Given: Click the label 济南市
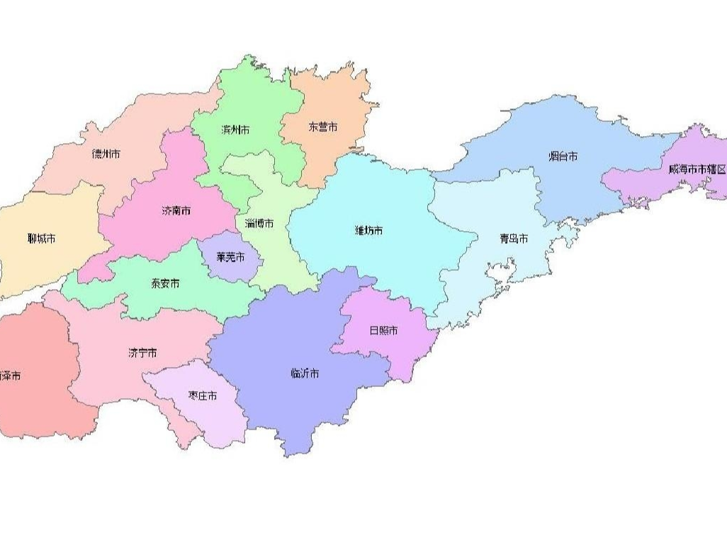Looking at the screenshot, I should point(176,211).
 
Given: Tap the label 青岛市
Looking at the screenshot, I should point(513,239).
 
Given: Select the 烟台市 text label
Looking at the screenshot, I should point(563,156).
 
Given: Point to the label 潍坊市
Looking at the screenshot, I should point(368,230).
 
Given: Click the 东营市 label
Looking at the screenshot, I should point(323,128).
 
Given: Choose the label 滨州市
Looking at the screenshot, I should point(235,130).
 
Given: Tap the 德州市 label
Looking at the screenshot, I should point(106,153).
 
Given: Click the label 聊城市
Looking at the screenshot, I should point(41,239).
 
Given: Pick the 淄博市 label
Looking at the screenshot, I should point(259,223).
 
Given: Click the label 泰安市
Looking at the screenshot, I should point(165,283).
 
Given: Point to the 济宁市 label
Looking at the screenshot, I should point(142,353).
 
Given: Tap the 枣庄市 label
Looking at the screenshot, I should point(203,395).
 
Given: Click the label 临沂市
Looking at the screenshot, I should point(305,373).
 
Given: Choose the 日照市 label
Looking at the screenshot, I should point(383,330).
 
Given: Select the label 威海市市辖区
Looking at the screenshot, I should point(697,169).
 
